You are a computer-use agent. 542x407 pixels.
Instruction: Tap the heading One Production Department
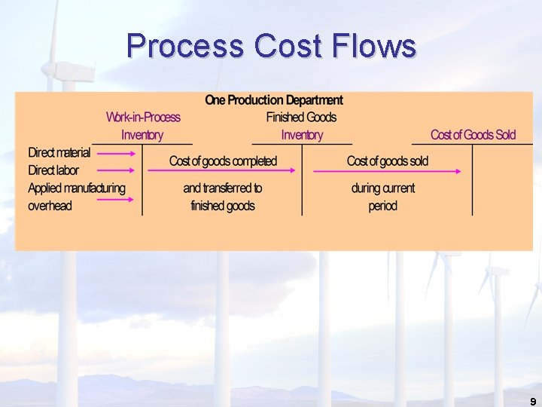[274, 99]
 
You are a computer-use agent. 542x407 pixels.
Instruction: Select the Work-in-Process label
[143, 117]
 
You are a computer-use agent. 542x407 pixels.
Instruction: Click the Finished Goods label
[301, 117]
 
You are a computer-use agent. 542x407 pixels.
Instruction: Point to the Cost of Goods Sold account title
[473, 135]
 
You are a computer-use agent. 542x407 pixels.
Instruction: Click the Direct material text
[59, 153]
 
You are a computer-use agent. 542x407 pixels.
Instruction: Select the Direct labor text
[53, 171]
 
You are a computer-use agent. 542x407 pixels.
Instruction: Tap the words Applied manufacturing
[77, 188]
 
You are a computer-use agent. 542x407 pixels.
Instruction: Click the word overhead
[50, 206]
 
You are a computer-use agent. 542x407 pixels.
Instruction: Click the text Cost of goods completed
[223, 161]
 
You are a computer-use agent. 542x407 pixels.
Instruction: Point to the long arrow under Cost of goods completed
[223, 172]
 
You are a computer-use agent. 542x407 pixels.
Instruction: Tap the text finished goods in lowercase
[223, 206]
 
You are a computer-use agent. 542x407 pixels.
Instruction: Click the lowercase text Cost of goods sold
[387, 161]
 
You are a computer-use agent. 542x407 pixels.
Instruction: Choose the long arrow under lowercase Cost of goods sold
[387, 172]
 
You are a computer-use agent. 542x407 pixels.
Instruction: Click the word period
[382, 206]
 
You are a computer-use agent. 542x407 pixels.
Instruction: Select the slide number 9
[533, 402]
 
